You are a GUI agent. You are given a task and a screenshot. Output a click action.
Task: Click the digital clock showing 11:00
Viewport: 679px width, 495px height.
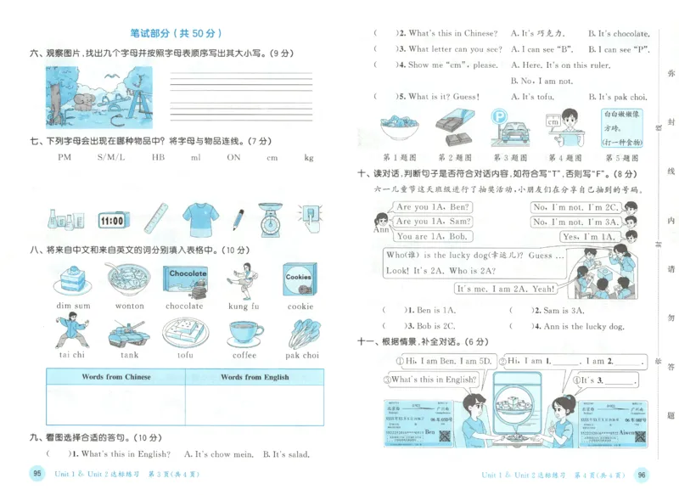(113, 221)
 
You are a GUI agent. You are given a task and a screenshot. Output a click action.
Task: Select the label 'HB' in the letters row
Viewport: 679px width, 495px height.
(159, 157)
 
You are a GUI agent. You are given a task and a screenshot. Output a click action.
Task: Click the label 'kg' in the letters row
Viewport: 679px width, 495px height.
(309, 157)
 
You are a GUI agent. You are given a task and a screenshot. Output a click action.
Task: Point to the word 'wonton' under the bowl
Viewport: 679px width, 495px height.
(130, 307)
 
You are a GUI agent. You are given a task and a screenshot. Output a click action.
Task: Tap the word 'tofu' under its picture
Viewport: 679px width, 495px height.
(185, 356)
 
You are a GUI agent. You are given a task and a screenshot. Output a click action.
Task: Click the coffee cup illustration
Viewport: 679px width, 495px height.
(244, 333)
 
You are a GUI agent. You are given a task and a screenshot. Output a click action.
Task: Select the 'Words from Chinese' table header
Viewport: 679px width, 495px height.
(116, 377)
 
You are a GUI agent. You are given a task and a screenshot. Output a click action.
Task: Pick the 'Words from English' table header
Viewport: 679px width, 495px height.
(255, 377)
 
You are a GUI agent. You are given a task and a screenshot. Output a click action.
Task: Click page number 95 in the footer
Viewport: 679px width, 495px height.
(36, 474)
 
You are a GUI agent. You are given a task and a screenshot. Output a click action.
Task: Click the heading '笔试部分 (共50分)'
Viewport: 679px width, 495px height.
(176, 34)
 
